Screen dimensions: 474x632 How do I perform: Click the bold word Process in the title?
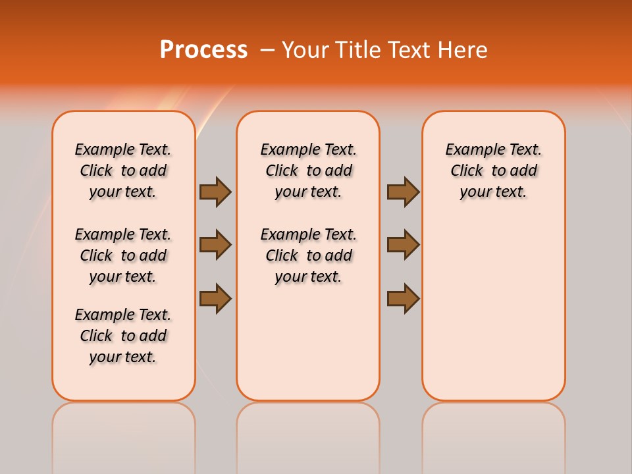pos(203,50)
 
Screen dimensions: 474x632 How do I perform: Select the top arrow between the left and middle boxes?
pos(215,192)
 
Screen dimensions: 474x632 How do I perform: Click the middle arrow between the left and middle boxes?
pos(215,245)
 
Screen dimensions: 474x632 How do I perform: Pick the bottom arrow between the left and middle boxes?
pos(215,298)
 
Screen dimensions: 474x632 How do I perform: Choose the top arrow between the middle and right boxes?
pos(403,192)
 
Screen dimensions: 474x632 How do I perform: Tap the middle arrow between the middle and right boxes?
pos(403,245)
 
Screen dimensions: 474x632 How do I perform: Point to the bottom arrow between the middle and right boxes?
pos(403,298)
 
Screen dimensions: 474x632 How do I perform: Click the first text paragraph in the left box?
pos(123,171)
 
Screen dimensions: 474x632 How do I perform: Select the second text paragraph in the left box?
pos(123,255)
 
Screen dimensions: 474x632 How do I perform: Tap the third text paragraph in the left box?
pos(123,336)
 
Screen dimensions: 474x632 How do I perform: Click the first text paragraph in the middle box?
pos(308,171)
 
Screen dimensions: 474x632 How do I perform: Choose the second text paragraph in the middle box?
pos(308,255)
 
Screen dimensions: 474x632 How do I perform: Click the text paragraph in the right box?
pos(494,171)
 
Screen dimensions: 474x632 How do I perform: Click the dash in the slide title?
pos(267,50)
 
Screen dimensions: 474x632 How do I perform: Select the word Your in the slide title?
pos(305,50)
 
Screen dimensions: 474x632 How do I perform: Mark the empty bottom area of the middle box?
pos(308,342)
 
